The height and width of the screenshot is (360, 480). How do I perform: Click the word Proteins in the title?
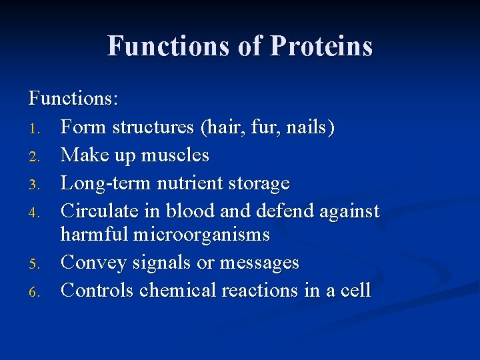coord(321,47)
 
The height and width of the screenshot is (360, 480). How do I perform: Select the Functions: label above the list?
coord(73,99)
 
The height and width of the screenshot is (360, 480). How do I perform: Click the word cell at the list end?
coord(357,290)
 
